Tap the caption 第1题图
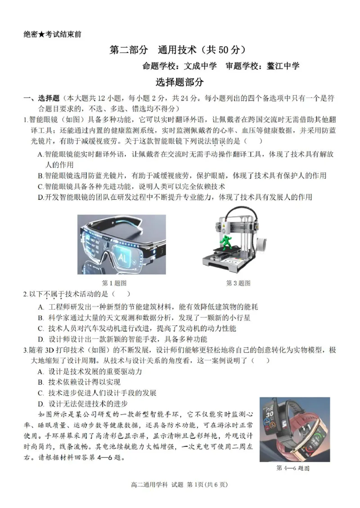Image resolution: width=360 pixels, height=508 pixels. click(114, 283)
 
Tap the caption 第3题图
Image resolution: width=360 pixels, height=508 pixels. click(238, 283)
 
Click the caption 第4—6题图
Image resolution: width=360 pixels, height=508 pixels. click(293, 468)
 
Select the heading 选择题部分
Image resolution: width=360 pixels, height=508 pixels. click(180, 82)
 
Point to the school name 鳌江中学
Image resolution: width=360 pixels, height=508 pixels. click(283, 66)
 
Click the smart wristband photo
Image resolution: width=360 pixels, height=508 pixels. click(294, 429)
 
